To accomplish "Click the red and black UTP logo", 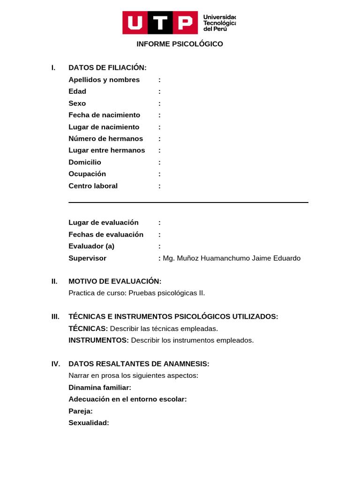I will click(160, 22).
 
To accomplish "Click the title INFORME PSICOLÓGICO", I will click(180, 44).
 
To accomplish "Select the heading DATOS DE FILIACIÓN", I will click(107, 67).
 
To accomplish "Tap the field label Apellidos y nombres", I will click(104, 80).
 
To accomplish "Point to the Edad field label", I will click(77, 91).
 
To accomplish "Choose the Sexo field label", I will click(77, 103).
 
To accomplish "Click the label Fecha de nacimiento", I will click(104, 115).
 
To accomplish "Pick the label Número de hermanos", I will click(105, 139).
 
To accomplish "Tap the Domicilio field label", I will click(85, 162).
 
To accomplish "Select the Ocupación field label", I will click(87, 174).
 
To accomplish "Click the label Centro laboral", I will click(93, 186).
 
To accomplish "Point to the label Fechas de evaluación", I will click(106, 234).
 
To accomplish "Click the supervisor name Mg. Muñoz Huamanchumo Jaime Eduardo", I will click(232, 258).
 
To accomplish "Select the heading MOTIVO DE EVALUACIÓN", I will click(115, 281).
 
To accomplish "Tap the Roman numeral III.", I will click(55, 316).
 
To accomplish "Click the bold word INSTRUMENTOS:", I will click(98, 340).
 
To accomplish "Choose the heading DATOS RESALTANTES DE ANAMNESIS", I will click(139, 364).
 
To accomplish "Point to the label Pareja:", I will click(81, 411).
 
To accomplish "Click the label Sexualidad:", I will click(89, 423).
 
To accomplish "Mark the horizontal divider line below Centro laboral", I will click(188, 202).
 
